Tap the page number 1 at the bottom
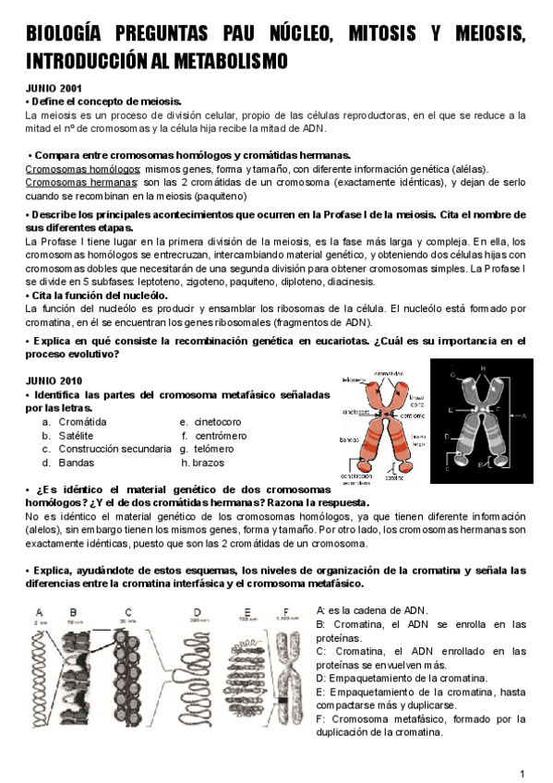click(523, 773)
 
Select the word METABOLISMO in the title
click(225, 61)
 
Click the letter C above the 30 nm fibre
click(127, 610)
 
